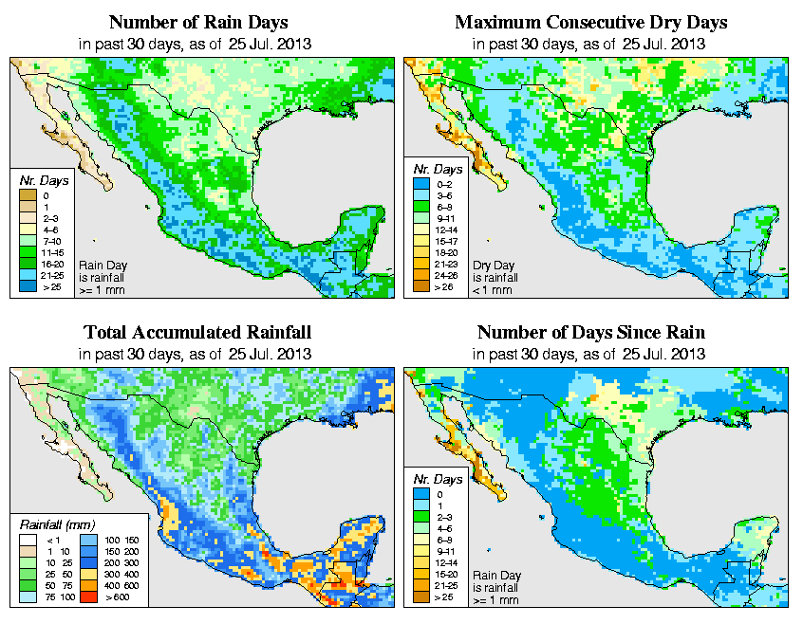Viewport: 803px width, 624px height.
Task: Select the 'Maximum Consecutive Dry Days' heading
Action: (590, 22)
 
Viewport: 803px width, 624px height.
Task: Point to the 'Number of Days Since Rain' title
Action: (590, 333)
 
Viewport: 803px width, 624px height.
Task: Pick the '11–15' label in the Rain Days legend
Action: (52, 253)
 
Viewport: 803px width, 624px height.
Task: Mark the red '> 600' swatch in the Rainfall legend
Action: (84, 598)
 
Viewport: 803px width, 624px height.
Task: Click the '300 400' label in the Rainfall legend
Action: (114, 576)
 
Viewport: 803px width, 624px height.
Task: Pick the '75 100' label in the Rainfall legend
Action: (55, 598)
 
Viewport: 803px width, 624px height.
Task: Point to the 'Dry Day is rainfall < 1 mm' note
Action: (494, 277)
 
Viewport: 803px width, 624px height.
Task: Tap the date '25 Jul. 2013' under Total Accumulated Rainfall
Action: (271, 354)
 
